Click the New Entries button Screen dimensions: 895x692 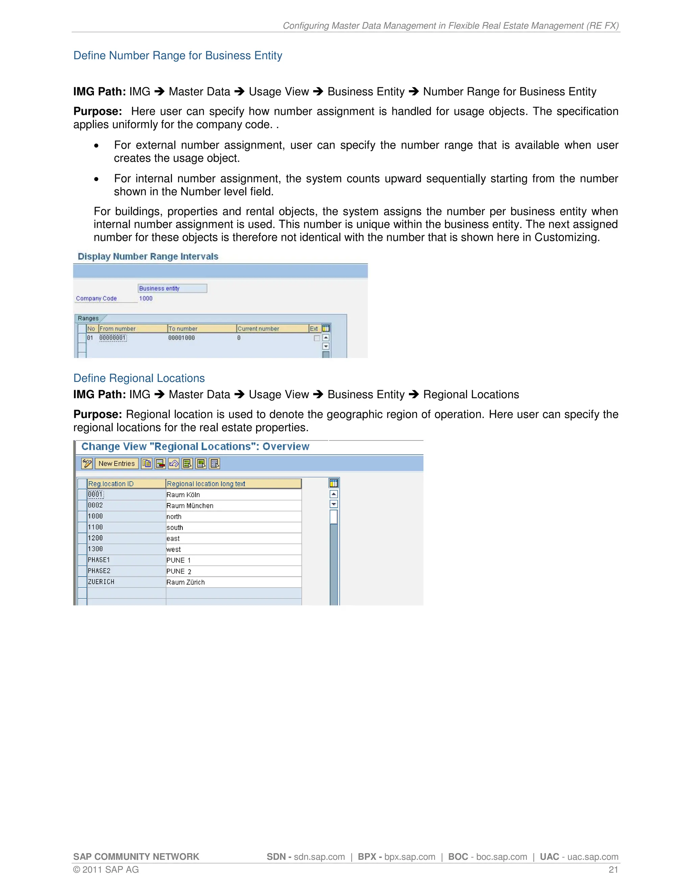pos(117,463)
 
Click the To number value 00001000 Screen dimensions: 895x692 pos(181,338)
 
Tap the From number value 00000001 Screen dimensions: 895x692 pos(113,338)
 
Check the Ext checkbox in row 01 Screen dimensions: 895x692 pos(317,338)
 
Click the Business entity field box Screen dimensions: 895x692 pos(172,288)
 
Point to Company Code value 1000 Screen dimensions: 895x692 pos(146,298)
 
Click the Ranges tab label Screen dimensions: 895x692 pos(89,318)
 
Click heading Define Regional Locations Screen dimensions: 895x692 pos(139,378)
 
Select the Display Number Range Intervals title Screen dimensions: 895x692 pos(148,257)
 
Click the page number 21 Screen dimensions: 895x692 pos(613,869)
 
